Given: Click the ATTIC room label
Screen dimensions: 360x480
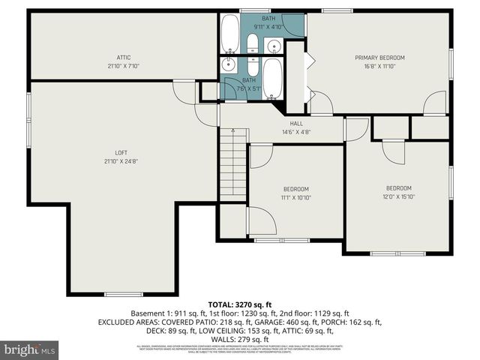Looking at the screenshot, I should pos(124,57).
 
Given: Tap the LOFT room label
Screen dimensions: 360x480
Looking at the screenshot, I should pos(121,152).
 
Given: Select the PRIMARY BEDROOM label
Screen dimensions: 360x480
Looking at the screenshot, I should pos(379,57).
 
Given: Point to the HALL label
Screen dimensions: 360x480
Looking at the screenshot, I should pos(296,123).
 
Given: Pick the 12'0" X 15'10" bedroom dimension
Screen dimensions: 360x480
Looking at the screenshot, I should pos(399,197).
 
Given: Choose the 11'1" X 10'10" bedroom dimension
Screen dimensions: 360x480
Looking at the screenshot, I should pos(295,198).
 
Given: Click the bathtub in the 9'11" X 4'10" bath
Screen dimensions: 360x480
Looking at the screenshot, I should pos(229,34).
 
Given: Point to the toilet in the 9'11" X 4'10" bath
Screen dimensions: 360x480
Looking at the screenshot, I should pos(253,44).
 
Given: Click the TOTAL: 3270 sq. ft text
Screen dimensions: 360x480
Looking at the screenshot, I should pos(240,304).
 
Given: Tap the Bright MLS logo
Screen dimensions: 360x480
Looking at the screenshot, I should pos(29,349).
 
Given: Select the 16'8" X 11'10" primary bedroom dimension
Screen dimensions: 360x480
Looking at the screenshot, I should pos(379,66).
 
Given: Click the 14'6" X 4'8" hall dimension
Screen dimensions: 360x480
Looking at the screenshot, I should pos(296,132).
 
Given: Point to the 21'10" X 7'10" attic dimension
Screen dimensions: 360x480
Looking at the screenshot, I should pos(124,66).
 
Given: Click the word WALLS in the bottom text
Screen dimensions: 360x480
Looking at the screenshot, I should pos(222,339).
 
